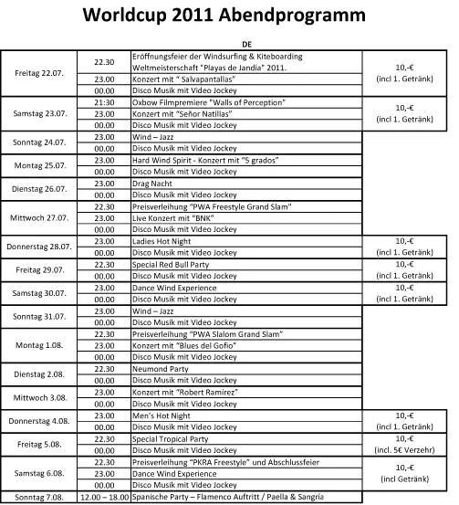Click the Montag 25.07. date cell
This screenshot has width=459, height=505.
[47, 165]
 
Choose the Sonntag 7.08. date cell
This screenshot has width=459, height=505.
[47, 498]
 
